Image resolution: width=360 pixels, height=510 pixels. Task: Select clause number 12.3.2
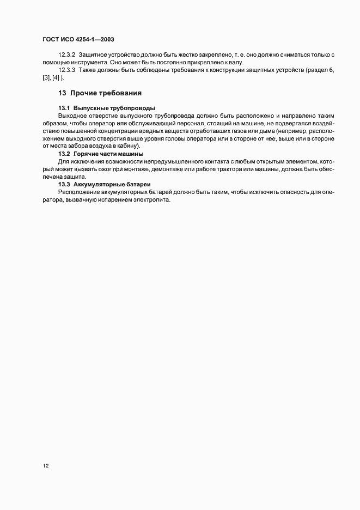[x=66, y=55]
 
